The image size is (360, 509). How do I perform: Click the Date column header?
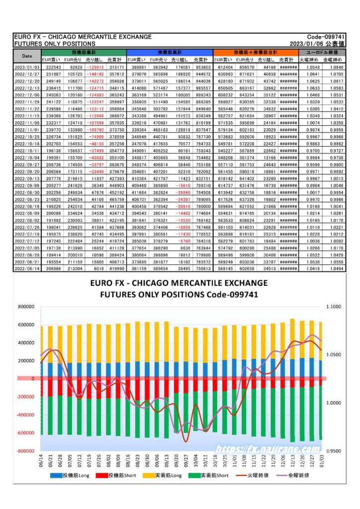tap(27, 56)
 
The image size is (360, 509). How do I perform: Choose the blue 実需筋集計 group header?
tap(170, 52)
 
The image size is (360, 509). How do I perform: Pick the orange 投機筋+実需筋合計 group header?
tap(256, 52)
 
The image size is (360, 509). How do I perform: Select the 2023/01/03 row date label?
tap(27, 67)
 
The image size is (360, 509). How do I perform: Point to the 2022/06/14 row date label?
tap(27, 268)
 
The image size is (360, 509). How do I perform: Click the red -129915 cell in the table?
tap(95, 67)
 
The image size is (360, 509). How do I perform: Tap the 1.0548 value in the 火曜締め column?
tap(312, 67)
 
